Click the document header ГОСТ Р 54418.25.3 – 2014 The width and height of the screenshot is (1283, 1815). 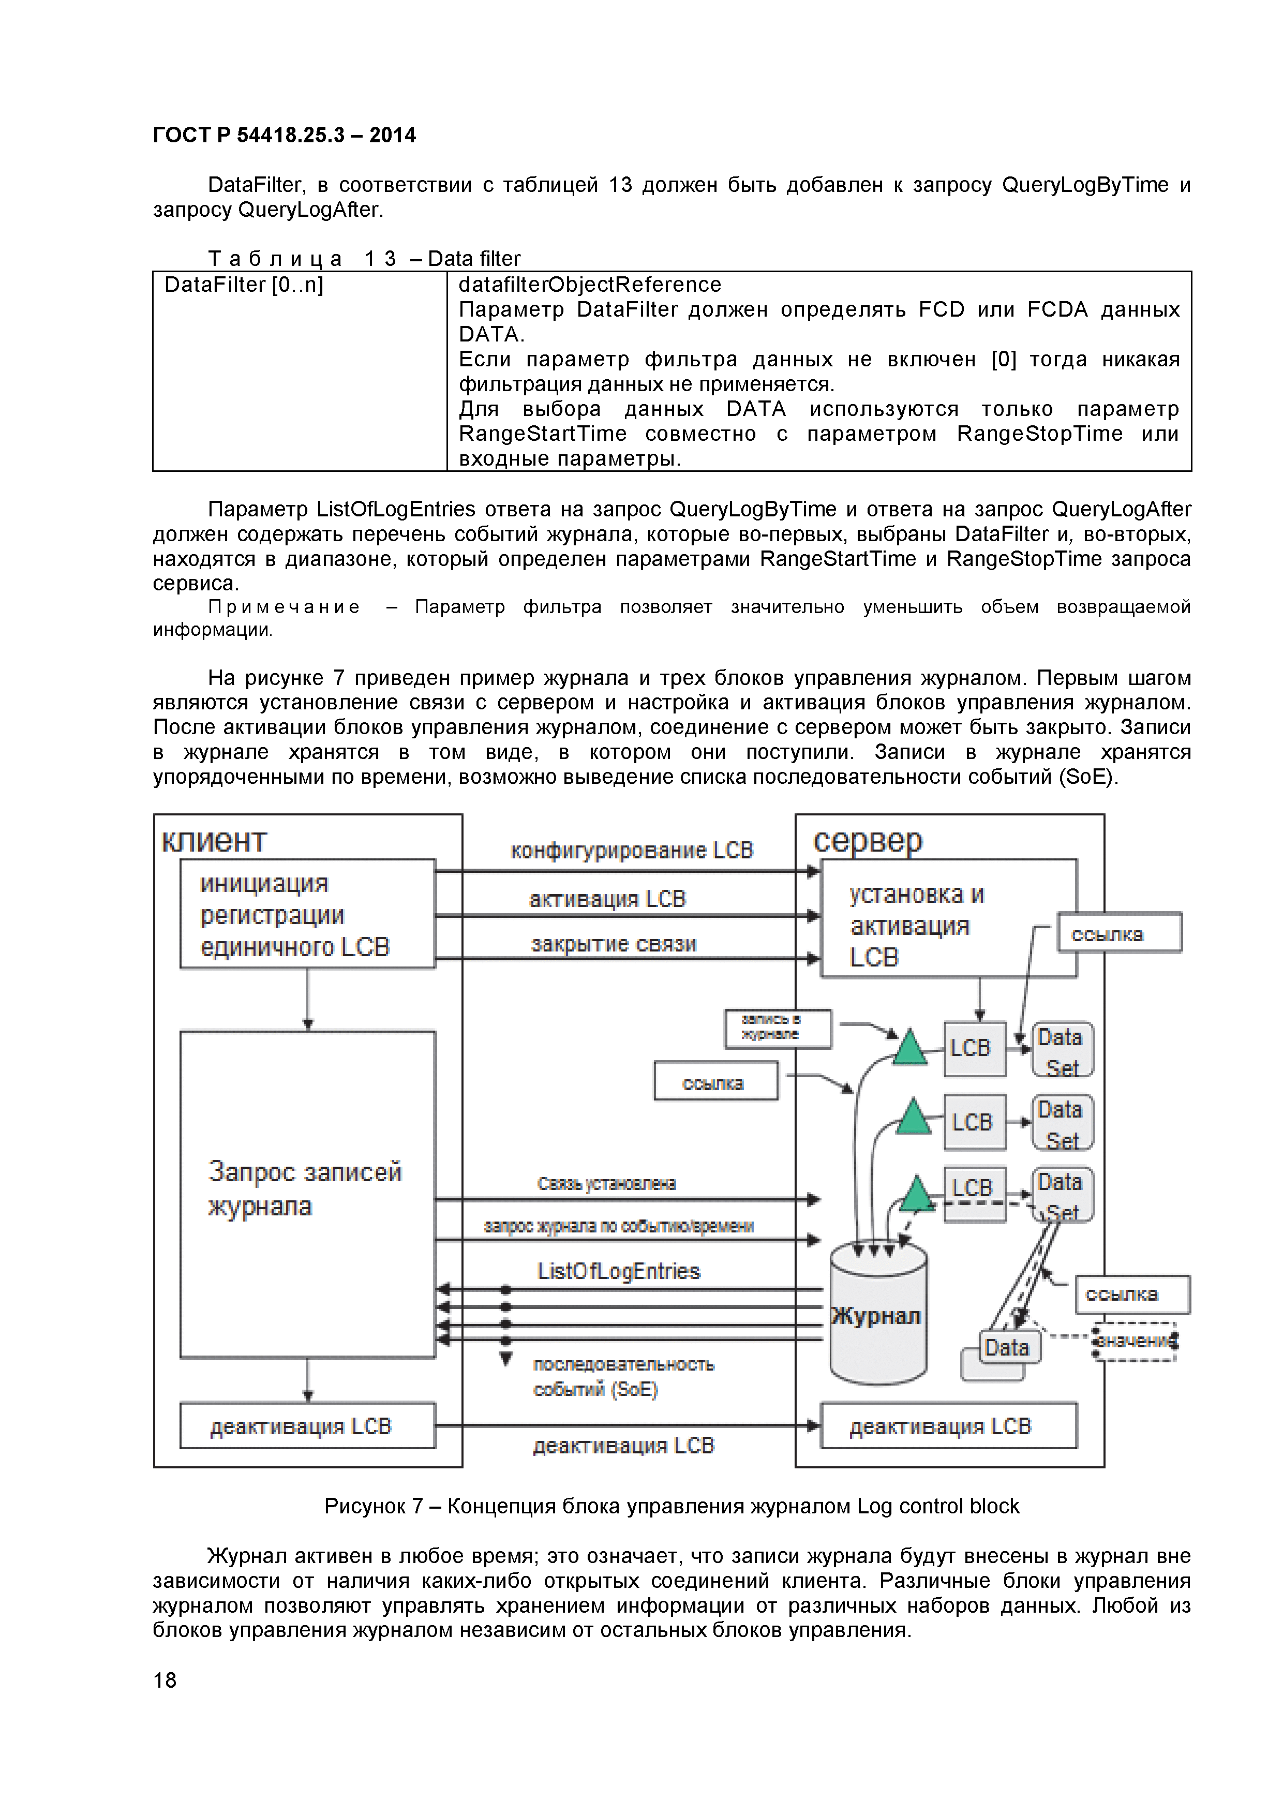click(284, 135)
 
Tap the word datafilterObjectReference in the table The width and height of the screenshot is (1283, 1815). click(590, 285)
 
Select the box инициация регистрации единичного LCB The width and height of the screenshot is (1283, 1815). click(307, 914)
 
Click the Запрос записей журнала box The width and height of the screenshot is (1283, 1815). click(307, 1194)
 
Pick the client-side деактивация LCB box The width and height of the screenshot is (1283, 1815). click(307, 1425)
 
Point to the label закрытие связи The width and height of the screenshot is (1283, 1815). click(614, 944)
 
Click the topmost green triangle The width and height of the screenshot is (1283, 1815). click(910, 1049)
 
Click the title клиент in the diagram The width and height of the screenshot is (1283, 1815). click(214, 841)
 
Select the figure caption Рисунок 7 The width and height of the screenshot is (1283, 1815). click(671, 1506)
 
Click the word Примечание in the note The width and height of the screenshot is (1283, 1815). click(284, 607)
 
